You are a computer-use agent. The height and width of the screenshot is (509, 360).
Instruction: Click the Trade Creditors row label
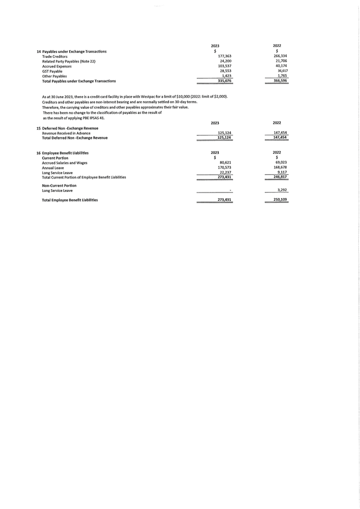tap(55, 56)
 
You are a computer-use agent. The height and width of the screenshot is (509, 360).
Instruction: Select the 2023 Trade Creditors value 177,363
tap(224, 56)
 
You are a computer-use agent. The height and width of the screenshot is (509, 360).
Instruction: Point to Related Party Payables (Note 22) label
tap(69, 61)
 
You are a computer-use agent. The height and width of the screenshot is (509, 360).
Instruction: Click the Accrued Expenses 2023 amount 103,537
tap(224, 66)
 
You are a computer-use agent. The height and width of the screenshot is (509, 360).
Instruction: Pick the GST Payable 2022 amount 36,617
tap(281, 71)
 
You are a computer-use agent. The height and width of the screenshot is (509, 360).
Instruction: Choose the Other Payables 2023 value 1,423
tap(227, 76)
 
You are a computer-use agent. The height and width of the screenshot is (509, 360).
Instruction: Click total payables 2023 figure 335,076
tap(224, 81)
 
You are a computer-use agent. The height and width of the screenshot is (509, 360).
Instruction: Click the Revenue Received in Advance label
tap(66, 133)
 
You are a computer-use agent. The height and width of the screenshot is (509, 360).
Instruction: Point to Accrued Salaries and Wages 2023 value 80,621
tap(225, 162)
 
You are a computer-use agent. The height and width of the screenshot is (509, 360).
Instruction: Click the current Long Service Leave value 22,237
tap(225, 172)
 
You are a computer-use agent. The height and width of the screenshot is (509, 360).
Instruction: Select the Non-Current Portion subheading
tap(59, 185)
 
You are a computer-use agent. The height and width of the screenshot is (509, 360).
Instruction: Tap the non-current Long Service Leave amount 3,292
tap(282, 190)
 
